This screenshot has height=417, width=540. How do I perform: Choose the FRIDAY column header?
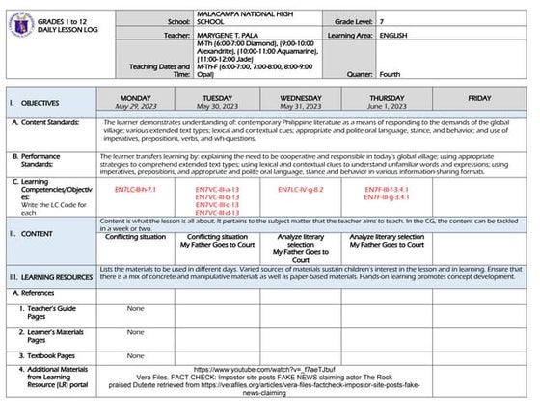[479, 98]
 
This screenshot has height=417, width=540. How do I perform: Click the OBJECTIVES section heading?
[40, 103]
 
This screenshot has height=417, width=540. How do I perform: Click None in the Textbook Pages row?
[134, 355]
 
